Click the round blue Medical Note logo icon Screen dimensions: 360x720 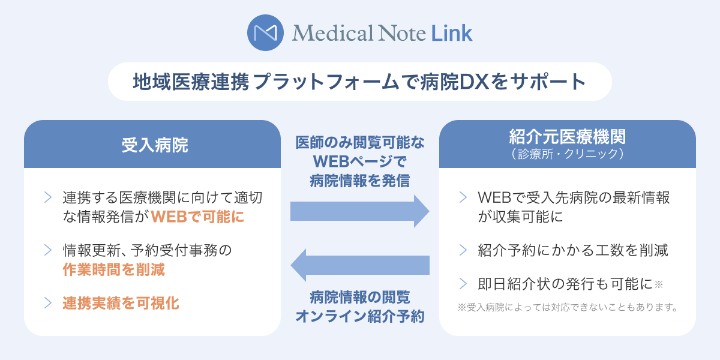coord(266,32)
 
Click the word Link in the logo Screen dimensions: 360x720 coord(451,33)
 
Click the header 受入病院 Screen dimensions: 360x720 coord(152,145)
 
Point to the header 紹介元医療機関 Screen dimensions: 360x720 coord(567,137)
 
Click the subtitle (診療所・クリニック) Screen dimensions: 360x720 coord(567,154)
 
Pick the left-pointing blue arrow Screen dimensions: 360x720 coord(359,265)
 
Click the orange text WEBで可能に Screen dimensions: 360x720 coord(197,217)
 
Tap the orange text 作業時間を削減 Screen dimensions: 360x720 coord(113,269)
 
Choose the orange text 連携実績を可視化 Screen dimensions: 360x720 coord(121,303)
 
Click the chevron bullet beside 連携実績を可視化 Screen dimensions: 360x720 coord(47,303)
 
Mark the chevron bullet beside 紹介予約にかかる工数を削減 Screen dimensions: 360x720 coord(463,250)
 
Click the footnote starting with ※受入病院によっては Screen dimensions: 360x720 coord(568,307)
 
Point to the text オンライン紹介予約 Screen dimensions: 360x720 coord(360,316)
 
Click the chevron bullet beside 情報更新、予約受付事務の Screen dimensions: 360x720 coord(47,250)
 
